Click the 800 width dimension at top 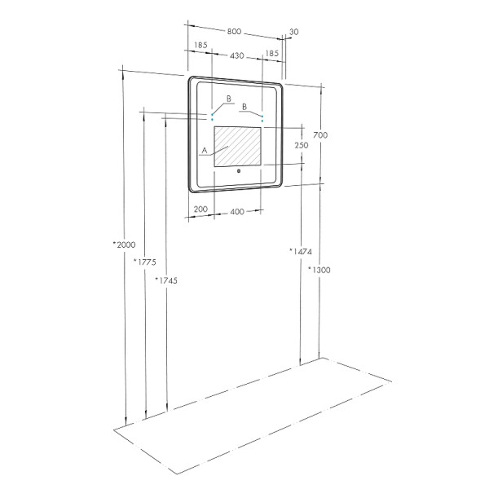pos(234,32)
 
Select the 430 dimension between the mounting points pos(237,55)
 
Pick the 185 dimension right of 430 pos(273,53)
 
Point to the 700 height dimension pos(320,134)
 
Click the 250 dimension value pos(301,145)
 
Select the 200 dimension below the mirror pos(200,209)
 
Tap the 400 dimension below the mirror pos(237,212)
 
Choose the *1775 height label pos(143,262)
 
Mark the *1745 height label pos(165,280)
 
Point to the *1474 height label pos(300,251)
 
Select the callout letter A pos(204,150)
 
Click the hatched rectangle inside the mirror pos(238,147)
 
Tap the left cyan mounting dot pos(213,118)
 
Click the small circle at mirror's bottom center pos(238,171)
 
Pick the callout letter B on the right pos(244,106)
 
